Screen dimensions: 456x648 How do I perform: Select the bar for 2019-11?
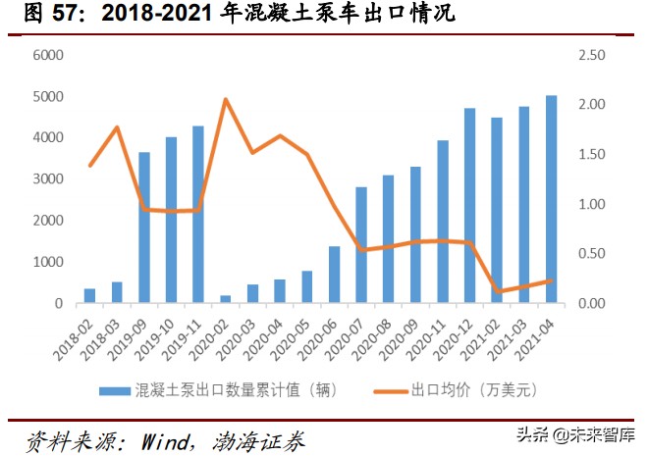coord(198,215)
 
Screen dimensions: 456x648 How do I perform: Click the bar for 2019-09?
coord(144,228)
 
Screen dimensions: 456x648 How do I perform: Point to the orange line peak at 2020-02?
coord(226,99)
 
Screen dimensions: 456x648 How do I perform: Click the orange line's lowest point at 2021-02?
coord(498,292)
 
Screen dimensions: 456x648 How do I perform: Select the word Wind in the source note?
coord(160,439)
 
